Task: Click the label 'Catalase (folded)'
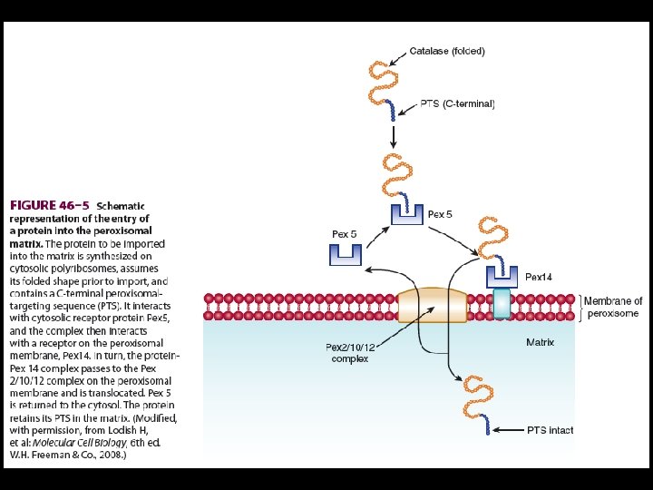pyautogui.click(x=447, y=51)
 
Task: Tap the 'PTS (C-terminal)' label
pyautogui.click(x=458, y=104)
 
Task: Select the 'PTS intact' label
pyautogui.click(x=550, y=429)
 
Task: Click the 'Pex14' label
pyautogui.click(x=538, y=277)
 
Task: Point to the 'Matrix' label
pyautogui.click(x=540, y=342)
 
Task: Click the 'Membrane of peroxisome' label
pyautogui.click(x=613, y=307)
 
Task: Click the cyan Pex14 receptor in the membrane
pyautogui.click(x=502, y=303)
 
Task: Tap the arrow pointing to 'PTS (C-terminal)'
pyautogui.click(x=408, y=104)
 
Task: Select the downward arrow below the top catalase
pyautogui.click(x=393, y=138)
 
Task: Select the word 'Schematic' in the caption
pyautogui.click(x=121, y=206)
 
